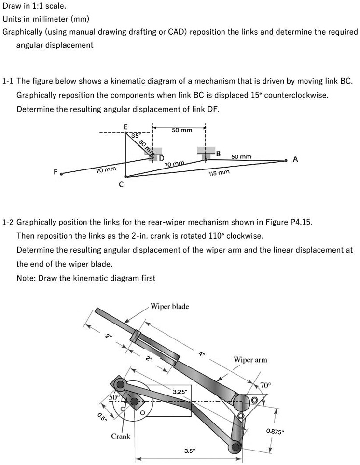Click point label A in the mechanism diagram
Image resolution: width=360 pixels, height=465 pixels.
pyautogui.click(x=295, y=159)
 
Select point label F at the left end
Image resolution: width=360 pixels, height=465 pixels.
pyautogui.click(x=55, y=171)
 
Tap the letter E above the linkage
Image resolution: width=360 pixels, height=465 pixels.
pyautogui.click(x=125, y=127)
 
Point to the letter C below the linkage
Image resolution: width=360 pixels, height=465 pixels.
pyautogui.click(x=121, y=184)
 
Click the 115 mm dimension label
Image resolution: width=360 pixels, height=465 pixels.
pyautogui.click(x=219, y=172)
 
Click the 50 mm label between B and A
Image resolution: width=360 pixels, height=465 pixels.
pyautogui.click(x=241, y=157)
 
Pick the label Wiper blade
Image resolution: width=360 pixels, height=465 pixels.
pyautogui.click(x=170, y=307)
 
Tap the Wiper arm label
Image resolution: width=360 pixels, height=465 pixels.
pyautogui.click(x=250, y=360)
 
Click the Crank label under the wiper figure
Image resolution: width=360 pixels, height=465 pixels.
pyautogui.click(x=121, y=437)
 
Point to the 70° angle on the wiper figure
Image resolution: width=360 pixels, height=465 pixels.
pyautogui.click(x=266, y=385)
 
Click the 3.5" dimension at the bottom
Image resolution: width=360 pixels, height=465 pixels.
pyautogui.click(x=190, y=451)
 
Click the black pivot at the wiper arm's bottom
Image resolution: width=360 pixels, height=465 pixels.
pyautogui.click(x=235, y=447)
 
